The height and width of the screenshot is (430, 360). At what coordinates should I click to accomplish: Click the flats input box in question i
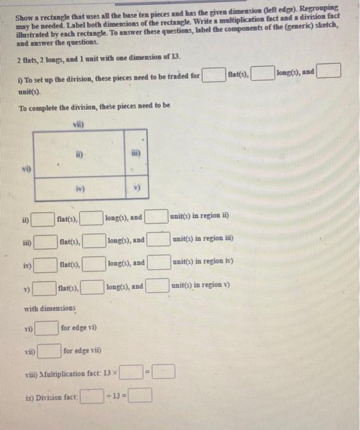pos(214,75)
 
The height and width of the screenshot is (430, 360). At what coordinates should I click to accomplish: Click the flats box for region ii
pos(45,218)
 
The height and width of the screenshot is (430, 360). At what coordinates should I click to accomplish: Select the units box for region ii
pos(157,217)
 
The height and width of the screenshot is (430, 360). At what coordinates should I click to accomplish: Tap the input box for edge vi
pos(47,329)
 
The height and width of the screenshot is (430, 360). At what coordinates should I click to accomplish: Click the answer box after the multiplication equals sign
pos(164,372)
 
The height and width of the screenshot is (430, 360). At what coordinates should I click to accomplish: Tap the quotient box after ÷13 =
pos(141,396)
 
